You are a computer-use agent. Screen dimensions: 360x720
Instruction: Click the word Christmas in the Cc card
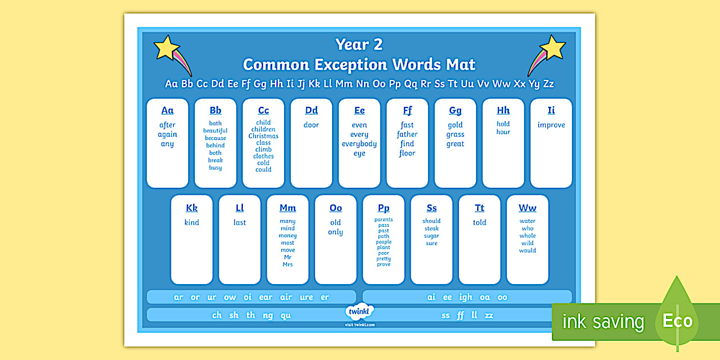pos(263,136)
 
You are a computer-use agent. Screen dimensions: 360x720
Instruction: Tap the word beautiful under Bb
pos(215,131)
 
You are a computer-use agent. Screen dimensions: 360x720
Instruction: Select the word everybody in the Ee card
pos(359,144)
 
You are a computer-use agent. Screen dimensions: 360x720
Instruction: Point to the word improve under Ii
pos(551,125)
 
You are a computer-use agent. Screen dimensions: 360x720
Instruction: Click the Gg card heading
pos(455,111)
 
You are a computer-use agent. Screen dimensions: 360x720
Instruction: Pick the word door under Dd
pos(311,125)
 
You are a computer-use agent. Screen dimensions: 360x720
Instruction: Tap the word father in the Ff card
pos(407,135)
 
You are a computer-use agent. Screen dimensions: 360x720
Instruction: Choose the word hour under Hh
pos(503,132)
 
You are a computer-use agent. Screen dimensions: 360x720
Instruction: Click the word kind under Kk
pos(192,223)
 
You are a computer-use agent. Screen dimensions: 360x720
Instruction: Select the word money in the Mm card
pos(288,236)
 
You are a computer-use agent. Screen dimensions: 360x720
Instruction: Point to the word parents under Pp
pos(384,220)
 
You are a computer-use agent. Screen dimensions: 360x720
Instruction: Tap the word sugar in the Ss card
pos(432,236)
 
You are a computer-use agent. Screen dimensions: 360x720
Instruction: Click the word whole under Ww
pos(528,236)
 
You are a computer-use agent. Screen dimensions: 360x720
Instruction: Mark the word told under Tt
pos(480,223)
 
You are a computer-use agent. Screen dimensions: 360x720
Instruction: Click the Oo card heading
pos(336,208)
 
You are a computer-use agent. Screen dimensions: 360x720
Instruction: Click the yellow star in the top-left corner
pos(166,48)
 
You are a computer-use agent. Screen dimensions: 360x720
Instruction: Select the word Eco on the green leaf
pos(678,321)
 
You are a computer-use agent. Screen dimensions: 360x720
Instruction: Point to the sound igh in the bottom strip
pos(466,297)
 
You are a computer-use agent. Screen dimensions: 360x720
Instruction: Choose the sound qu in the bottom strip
pos(286,315)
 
